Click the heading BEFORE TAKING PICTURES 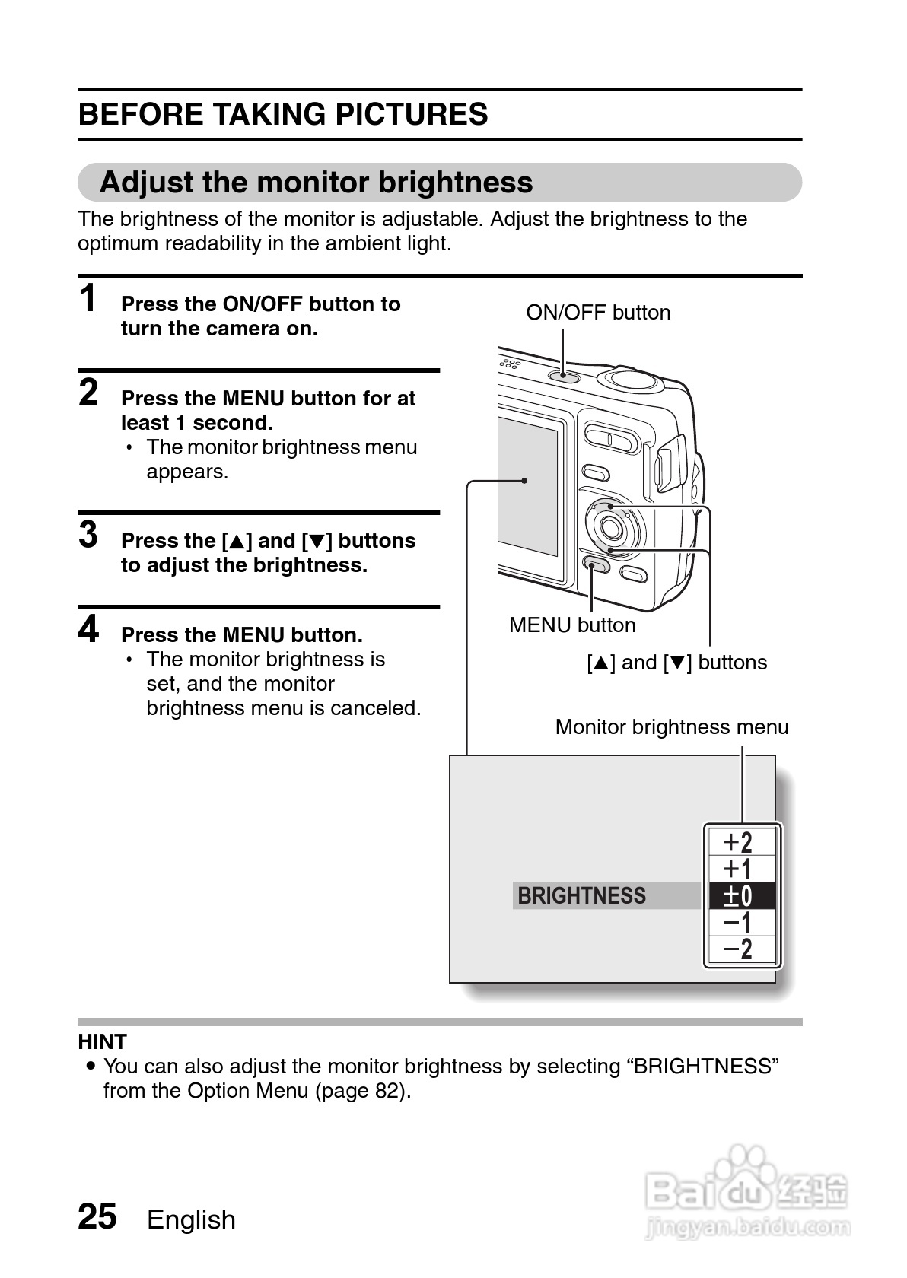[x=283, y=114]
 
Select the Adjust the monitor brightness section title [x=316, y=183]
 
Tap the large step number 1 [x=89, y=298]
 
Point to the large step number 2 [x=89, y=393]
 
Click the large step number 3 [x=89, y=535]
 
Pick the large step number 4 [x=89, y=629]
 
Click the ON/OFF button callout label [x=598, y=313]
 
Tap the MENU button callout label [x=572, y=625]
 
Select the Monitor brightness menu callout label [x=671, y=727]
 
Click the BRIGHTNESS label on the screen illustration [x=582, y=896]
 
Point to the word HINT [x=103, y=1041]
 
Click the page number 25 [x=97, y=1216]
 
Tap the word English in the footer [x=191, y=1219]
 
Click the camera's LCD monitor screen [x=528, y=487]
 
